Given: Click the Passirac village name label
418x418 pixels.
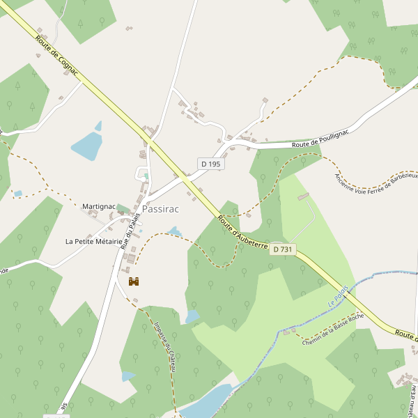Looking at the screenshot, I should tap(160, 209).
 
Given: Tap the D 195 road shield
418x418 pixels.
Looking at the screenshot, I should tap(210, 164).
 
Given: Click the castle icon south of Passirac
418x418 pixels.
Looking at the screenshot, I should tap(135, 282).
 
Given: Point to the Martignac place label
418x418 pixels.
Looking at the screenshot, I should tap(98, 206).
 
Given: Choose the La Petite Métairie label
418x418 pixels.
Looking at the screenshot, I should tap(93, 242).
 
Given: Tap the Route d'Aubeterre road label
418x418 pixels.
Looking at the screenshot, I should tap(242, 232).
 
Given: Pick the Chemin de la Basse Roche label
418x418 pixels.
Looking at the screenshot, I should tap(333, 328).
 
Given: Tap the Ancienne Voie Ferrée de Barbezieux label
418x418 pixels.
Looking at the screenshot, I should tap(375, 185).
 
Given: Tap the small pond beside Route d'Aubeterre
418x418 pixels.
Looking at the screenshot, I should tap(174, 231).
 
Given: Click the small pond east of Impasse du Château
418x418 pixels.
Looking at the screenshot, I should tap(192, 317).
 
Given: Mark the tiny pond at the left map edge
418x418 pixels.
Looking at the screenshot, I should tap(18, 194).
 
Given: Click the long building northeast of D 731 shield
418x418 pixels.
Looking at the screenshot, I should tap(303, 197).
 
